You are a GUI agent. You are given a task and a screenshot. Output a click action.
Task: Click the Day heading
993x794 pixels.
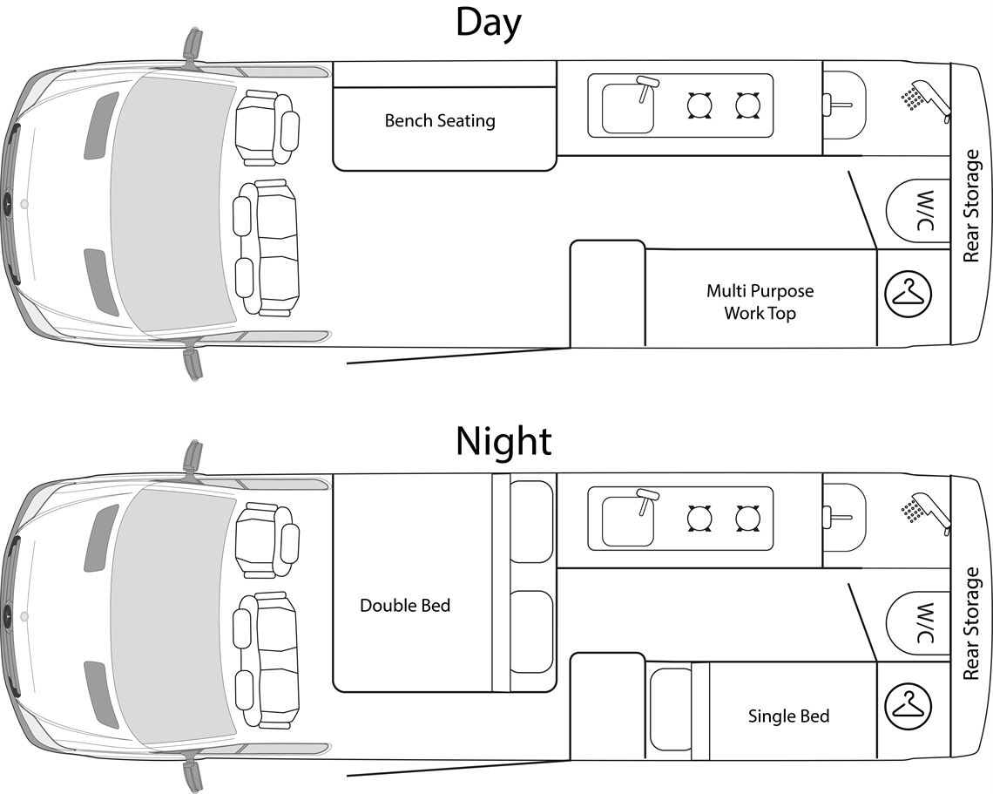pos(488,24)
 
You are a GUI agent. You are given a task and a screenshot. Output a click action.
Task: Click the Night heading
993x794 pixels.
pos(503,441)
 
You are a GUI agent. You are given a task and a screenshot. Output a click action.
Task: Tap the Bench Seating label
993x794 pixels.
pos(440,120)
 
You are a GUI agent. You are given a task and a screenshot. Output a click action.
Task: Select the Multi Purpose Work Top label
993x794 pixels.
pos(760,302)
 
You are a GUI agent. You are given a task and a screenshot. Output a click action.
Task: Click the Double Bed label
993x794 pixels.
pos(405,605)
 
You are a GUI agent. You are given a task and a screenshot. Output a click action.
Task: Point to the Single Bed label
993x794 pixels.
pos(788,716)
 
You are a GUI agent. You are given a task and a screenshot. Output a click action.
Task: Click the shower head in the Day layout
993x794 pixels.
pos(923,98)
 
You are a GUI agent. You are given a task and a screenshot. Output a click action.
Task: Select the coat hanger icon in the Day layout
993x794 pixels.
pos(909,294)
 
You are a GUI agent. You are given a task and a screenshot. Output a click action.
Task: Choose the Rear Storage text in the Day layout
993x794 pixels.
pos(973,206)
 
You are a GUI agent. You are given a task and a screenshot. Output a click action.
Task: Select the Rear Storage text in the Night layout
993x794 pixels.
pos(973,623)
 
